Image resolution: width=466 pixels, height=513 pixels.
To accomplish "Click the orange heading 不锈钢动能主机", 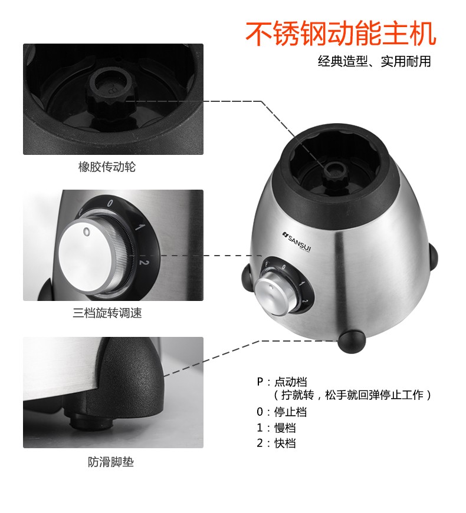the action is [341, 34].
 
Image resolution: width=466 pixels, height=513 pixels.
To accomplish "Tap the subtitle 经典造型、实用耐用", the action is [374, 61].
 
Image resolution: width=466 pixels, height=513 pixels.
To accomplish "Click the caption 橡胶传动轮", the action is [107, 167].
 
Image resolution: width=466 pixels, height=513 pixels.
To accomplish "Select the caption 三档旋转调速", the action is [107, 313].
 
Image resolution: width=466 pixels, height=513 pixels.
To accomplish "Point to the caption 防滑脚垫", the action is [111, 462].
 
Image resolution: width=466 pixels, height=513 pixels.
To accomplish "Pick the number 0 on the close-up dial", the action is [110, 203].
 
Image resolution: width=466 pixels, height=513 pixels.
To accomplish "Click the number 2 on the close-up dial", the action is [144, 262].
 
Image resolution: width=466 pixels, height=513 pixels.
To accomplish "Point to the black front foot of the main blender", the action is [352, 342].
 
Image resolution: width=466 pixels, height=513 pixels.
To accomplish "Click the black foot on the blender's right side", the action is [433, 256].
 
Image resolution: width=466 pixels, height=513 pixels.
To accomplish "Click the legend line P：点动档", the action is [282, 382].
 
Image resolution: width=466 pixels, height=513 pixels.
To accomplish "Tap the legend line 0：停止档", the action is [282, 412].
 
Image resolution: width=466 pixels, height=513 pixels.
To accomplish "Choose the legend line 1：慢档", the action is [276, 428].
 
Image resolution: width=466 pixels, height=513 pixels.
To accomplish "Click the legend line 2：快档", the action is [276, 444].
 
